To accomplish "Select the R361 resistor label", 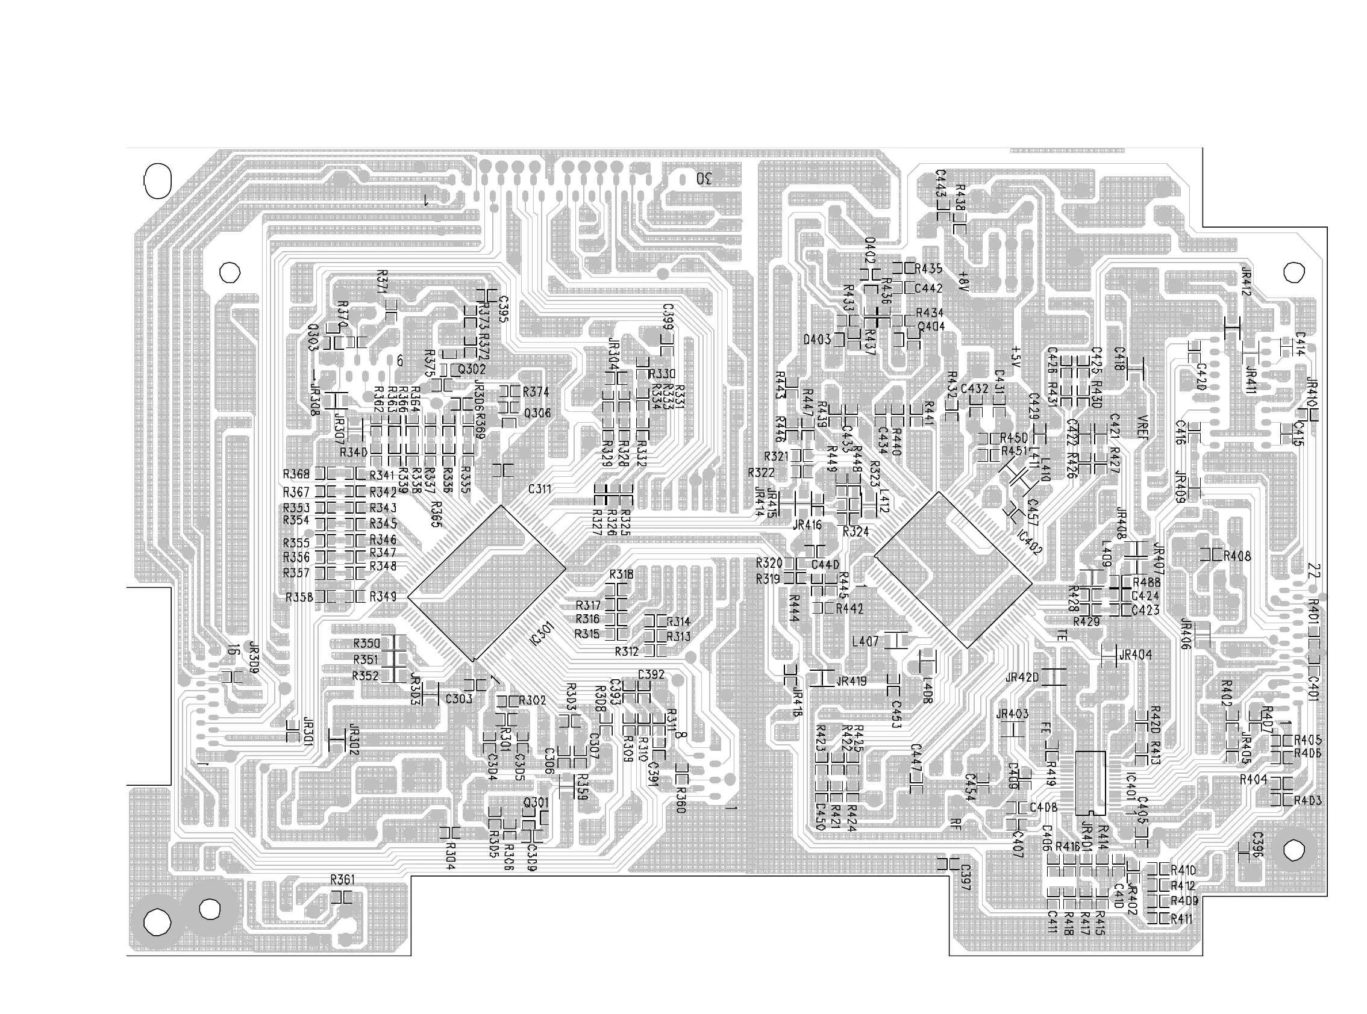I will [x=343, y=880].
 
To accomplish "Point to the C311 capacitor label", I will [x=540, y=489].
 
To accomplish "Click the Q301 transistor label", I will [x=536, y=802].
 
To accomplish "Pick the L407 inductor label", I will [x=865, y=641].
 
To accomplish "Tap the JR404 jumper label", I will [x=1136, y=655].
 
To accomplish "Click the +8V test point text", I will [x=962, y=281].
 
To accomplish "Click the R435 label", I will [x=928, y=269].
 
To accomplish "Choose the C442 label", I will [x=928, y=288].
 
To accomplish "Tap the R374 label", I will [x=536, y=392].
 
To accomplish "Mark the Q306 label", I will [x=537, y=414].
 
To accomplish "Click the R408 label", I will [x=1237, y=556].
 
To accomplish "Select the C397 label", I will [x=965, y=877].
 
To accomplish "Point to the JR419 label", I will [x=851, y=680].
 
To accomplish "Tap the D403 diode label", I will [x=817, y=340].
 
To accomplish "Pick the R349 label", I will [x=383, y=597].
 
